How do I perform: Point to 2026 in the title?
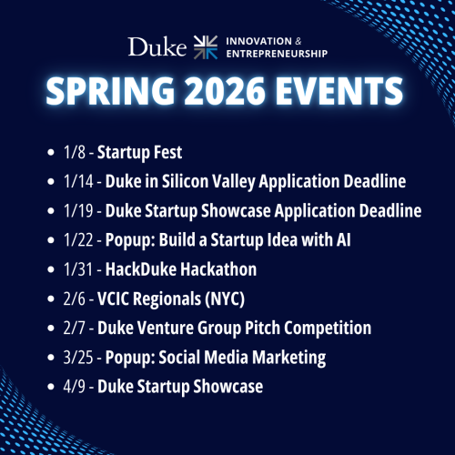coord(226,93)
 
